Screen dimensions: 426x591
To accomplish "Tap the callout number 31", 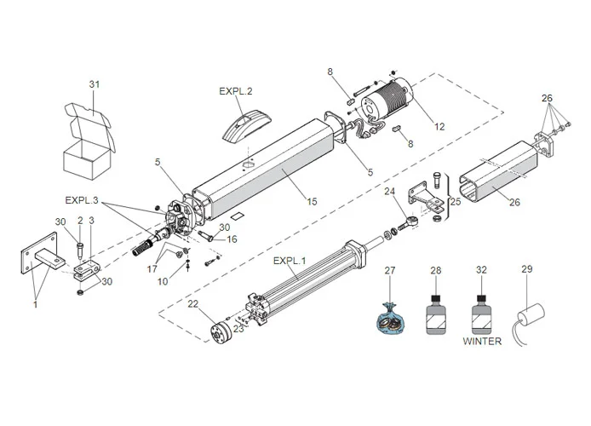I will point(95,83).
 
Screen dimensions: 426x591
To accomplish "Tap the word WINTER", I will point(482,342).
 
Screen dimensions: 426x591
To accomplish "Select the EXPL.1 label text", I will point(290,261).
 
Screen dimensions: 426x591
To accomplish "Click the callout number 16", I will point(232,239).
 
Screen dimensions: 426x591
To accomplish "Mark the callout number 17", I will point(152,268).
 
